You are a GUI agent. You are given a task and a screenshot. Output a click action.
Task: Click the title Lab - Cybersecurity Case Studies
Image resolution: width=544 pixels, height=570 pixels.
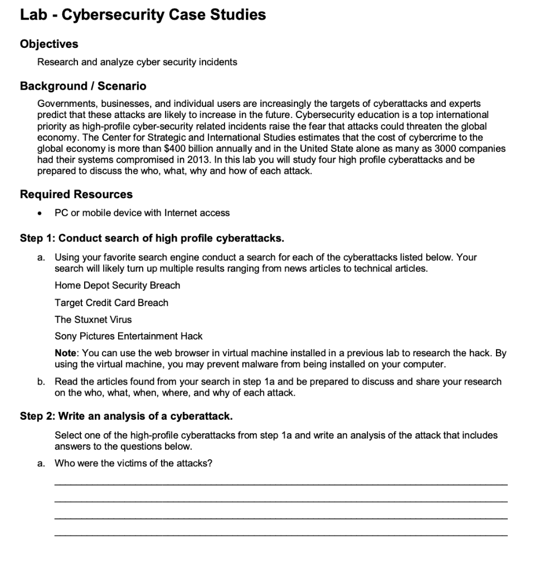tap(143, 15)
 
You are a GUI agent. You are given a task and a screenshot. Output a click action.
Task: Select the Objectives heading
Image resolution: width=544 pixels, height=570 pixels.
tap(49, 43)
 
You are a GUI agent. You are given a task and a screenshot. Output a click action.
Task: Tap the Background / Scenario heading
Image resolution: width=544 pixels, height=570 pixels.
tap(83, 86)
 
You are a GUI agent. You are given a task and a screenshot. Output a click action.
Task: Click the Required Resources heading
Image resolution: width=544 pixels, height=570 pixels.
tap(76, 194)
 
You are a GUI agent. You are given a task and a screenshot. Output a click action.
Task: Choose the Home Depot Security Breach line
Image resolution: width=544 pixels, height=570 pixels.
tap(117, 286)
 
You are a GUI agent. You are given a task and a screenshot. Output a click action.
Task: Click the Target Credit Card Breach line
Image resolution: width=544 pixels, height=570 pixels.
tap(111, 303)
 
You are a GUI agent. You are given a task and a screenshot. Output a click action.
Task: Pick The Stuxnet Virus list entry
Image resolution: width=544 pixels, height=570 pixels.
tap(93, 320)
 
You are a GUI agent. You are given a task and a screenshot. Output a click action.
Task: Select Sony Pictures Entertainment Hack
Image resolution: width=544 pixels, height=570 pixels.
tap(128, 336)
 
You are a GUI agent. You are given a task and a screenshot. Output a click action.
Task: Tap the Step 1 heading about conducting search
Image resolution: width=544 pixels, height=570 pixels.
tap(152, 239)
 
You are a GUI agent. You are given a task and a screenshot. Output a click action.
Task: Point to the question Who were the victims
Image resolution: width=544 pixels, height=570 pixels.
tap(133, 463)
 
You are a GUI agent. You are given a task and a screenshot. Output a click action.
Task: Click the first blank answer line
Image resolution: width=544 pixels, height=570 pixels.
tap(281, 484)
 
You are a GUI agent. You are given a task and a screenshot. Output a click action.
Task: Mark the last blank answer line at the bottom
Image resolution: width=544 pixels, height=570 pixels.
tap(281, 535)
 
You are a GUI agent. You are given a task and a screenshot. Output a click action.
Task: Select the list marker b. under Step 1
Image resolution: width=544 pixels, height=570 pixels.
tap(42, 382)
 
